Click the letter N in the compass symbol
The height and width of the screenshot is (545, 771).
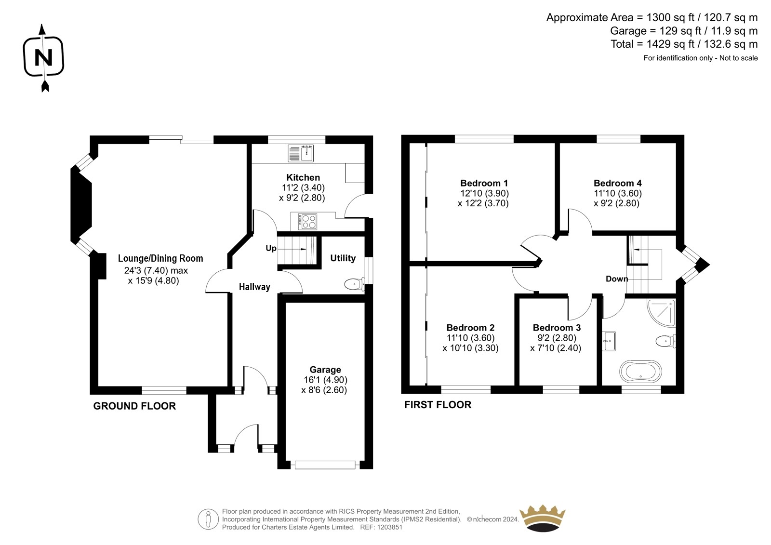44,57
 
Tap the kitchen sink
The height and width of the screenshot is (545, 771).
301,153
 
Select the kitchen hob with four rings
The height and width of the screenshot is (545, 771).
307,222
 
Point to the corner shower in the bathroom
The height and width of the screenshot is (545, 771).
661,313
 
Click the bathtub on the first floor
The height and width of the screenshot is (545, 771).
640,372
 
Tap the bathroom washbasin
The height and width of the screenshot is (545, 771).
609,341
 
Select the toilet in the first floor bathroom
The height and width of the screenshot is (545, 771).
665,341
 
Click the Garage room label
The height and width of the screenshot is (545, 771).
325,370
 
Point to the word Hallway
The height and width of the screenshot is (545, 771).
255,287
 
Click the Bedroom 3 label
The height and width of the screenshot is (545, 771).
557,327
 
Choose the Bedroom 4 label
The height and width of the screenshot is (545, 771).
617,183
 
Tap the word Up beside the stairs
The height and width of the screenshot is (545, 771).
271,248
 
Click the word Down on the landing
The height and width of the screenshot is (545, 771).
617,279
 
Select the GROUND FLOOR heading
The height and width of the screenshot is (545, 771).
134,406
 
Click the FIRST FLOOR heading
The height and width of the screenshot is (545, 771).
438,405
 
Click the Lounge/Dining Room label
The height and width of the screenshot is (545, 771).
160,259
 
